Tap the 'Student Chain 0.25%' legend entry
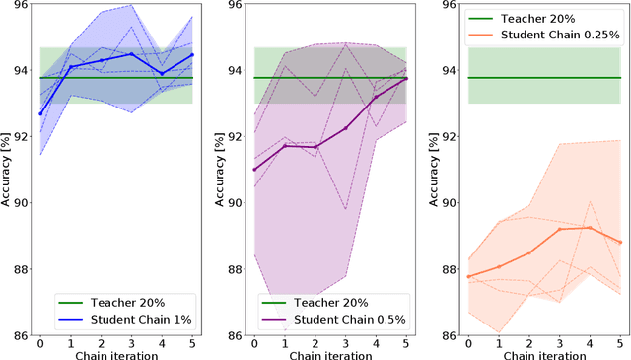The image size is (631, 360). pos(558,35)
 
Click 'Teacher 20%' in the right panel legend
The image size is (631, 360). pos(541,17)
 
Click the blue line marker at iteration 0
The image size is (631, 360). pos(40,113)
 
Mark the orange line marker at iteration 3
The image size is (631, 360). pos(559,229)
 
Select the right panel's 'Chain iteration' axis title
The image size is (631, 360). pos(543,355)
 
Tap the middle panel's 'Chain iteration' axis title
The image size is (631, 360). pos(330,355)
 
